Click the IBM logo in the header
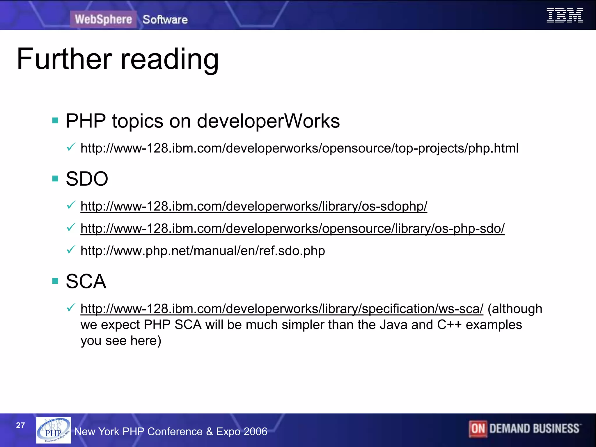click(565, 15)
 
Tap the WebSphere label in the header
click(103, 19)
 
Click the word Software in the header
click(165, 20)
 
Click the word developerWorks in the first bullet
click(268, 121)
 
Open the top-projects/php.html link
click(299, 148)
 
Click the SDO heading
click(87, 179)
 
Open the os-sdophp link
click(254, 206)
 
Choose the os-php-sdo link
click(292, 229)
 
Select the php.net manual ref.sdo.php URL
click(203, 251)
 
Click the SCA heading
click(86, 281)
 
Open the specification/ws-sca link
click(282, 309)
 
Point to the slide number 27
click(20, 425)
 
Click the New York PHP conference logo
click(54, 430)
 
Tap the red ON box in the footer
click(478, 429)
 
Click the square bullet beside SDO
click(55, 178)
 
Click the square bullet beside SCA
click(55, 281)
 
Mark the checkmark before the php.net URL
click(71, 250)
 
